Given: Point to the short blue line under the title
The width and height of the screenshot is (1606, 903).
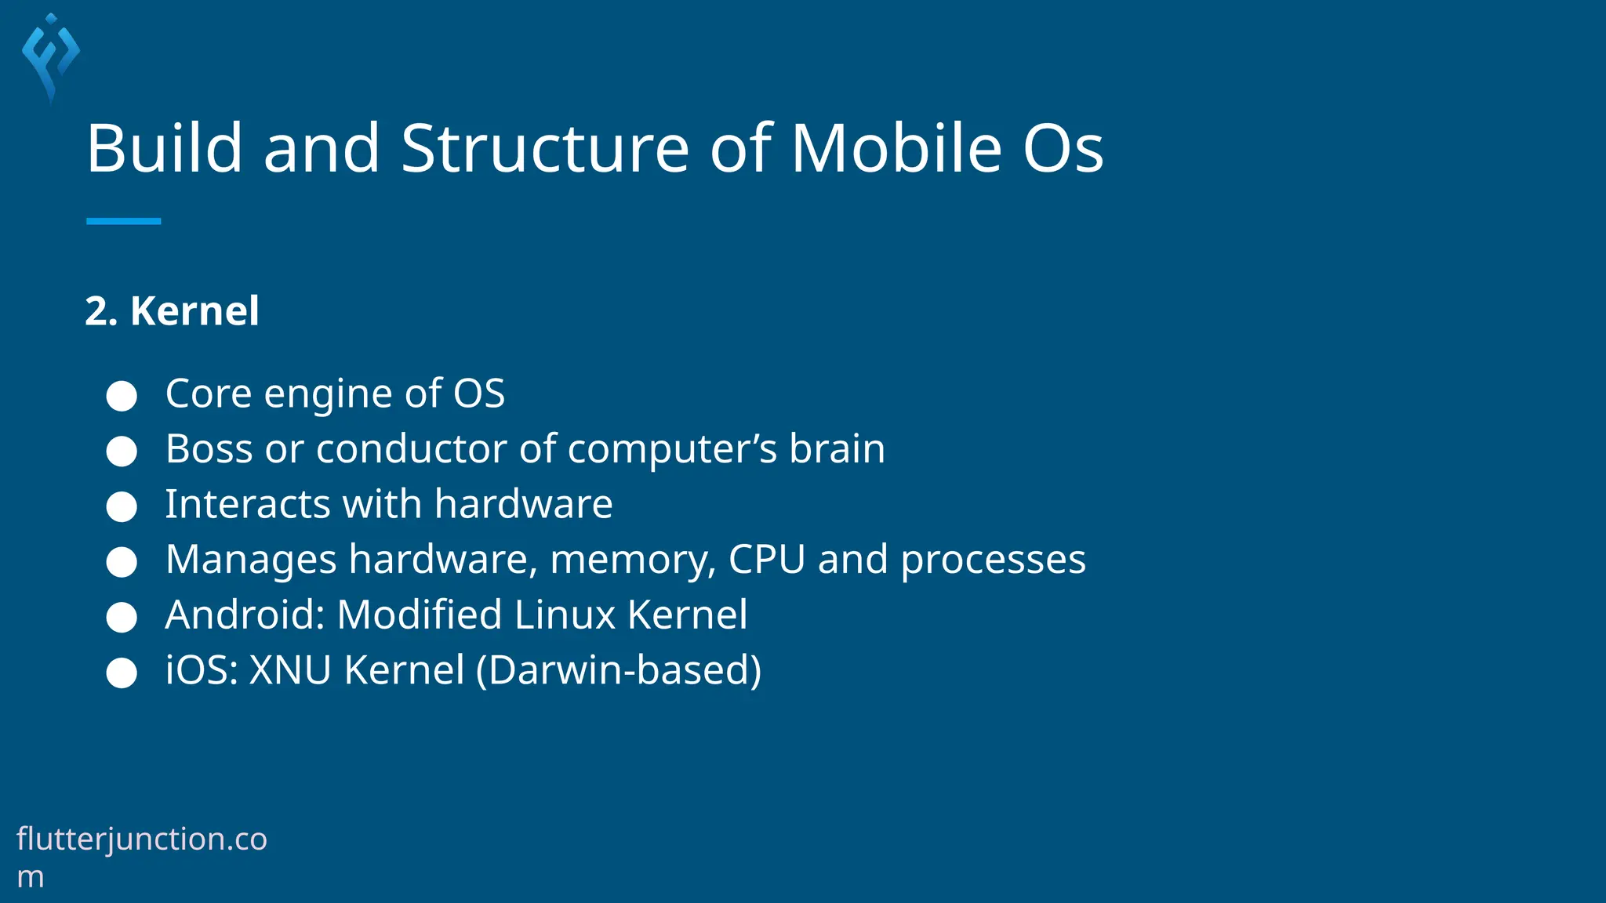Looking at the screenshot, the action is [x=123, y=221].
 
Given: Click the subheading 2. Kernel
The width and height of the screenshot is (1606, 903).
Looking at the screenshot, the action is [x=172, y=310].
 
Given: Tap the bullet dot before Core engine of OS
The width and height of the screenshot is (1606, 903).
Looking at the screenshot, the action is [x=122, y=396].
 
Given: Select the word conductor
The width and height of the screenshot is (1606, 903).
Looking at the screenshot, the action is [x=411, y=449].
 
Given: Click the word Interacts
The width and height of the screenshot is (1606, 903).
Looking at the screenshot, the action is [x=248, y=504].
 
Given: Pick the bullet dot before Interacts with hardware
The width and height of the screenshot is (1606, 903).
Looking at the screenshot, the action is [x=122, y=506].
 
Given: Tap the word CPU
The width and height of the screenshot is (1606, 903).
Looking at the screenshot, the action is [x=766, y=560].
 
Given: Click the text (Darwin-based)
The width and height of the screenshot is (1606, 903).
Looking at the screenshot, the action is [x=619, y=670].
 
